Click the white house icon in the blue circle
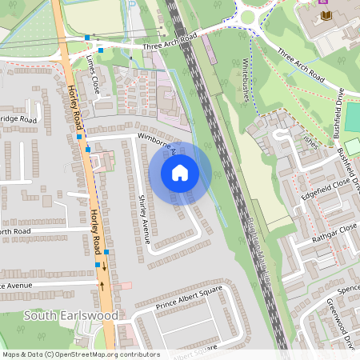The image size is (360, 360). (x=180, y=172)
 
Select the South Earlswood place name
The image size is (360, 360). (x=70, y=315)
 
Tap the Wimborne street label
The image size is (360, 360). (x=156, y=142)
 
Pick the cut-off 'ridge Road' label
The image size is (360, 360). (x=18, y=119)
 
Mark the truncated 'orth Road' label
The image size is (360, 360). (x=14, y=231)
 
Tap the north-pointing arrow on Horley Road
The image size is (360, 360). (x=102, y=284)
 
